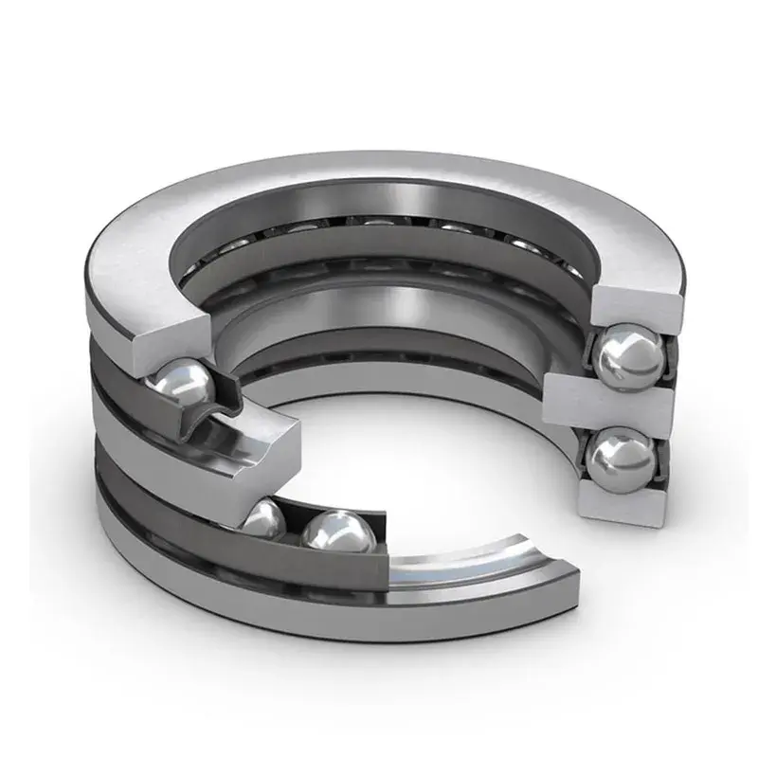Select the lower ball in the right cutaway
[x=621, y=460]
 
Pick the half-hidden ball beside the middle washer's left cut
[x=265, y=518]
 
